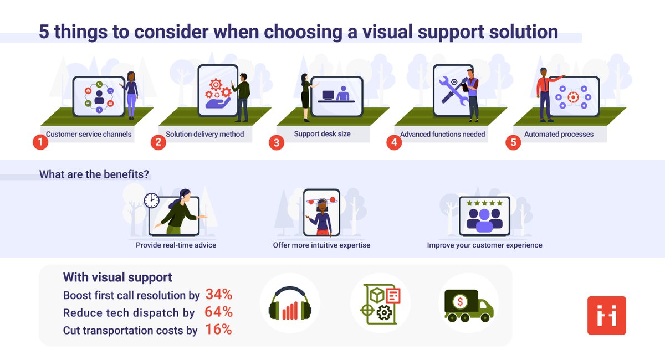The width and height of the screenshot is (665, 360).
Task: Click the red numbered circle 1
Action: (40, 142)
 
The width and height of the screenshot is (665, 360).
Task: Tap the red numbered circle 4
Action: (393, 142)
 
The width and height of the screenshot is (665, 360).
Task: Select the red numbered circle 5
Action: (513, 142)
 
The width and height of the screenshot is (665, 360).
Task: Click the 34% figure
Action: (219, 294)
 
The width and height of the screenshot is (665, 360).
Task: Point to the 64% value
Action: (218, 312)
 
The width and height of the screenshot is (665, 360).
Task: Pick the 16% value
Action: (218, 330)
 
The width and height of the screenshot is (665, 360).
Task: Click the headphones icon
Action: (289, 305)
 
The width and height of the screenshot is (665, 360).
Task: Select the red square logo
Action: (606, 316)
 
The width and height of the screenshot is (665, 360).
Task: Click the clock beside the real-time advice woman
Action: (151, 200)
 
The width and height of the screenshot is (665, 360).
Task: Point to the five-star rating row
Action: (484, 203)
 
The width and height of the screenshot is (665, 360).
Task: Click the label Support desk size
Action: (322, 134)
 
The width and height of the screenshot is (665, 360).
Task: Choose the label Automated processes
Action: (559, 134)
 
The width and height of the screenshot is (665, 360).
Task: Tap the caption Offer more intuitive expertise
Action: (321, 245)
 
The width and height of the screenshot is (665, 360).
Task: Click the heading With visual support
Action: (117, 277)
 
